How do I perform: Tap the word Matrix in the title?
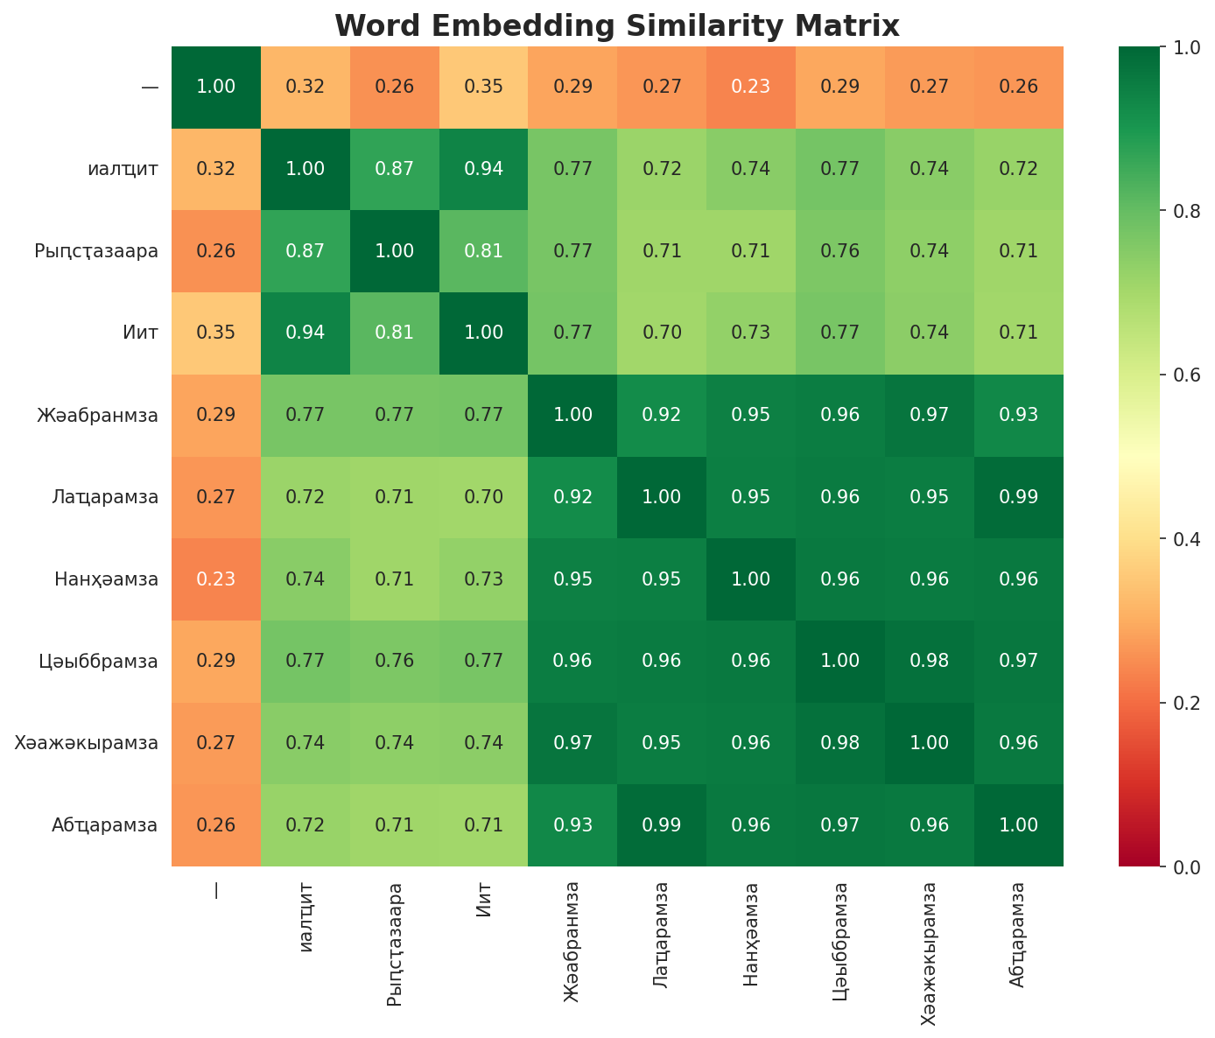coord(853,26)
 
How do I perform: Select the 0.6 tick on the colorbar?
coord(1178,375)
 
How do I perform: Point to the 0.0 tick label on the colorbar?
coord(1178,866)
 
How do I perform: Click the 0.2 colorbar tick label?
coord(1178,703)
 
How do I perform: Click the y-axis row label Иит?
coord(141,333)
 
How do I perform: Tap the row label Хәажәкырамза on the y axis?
coord(87,743)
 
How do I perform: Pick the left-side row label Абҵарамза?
coord(104,825)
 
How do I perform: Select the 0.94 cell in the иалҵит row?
coord(484,169)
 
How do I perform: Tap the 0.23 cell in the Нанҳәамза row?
coord(216,579)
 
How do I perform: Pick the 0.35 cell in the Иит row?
coord(216,333)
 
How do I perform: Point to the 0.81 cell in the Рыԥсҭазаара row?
coord(484,251)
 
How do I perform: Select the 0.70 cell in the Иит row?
coord(663,333)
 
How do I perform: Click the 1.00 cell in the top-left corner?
coord(216,87)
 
